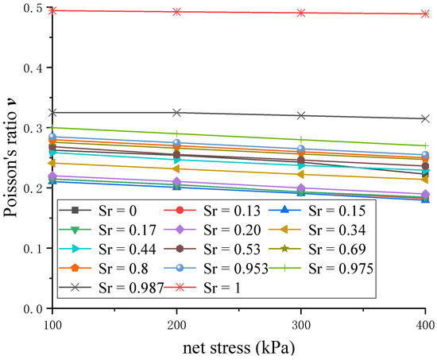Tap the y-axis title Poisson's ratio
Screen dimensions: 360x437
click(x=11, y=159)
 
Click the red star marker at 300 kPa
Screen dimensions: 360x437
click(x=301, y=13)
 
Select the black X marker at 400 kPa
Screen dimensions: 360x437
click(x=425, y=118)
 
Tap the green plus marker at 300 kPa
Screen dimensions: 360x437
click(x=301, y=140)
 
